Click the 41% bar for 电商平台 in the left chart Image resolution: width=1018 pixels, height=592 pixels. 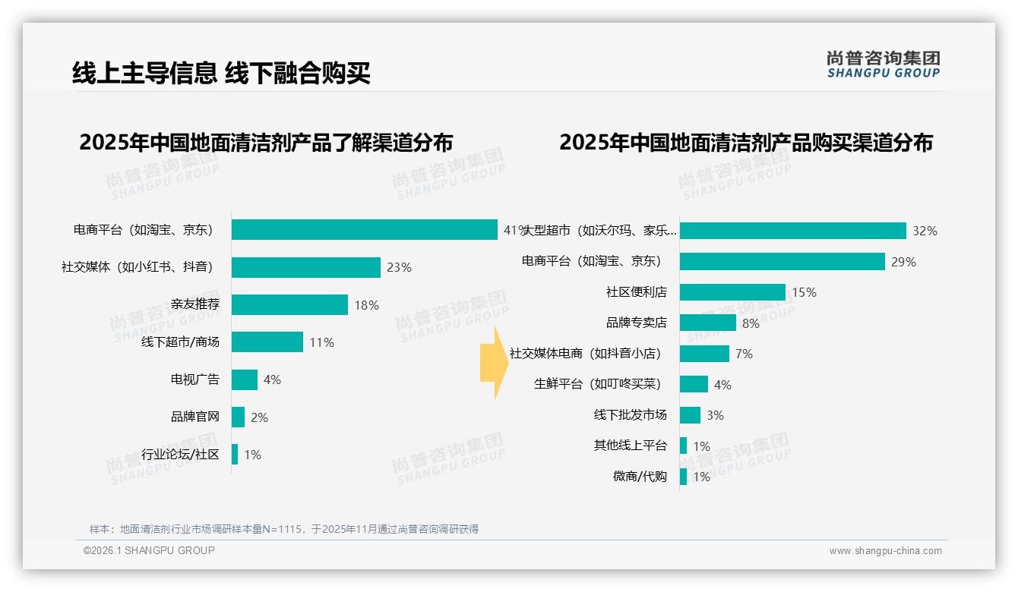[365, 230]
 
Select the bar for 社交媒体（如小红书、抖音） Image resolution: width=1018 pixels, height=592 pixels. [306, 267]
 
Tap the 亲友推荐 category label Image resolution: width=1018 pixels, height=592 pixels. [195, 304]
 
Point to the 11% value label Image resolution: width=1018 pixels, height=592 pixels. [321, 342]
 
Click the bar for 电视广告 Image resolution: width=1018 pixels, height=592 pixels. [245, 379]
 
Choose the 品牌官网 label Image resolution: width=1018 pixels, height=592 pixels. [195, 417]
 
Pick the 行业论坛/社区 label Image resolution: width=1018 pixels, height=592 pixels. [181, 455]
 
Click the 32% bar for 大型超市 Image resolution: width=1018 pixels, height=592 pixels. [793, 231]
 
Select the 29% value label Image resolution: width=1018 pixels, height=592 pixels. [904, 262]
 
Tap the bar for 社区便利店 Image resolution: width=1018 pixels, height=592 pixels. [732, 292]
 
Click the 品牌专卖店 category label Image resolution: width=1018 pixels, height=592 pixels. [637, 323]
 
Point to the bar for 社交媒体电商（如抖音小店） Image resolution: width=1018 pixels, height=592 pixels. [704, 354]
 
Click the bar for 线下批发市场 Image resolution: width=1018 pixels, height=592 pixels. [690, 415]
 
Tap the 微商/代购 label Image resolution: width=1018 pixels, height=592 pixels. [640, 477]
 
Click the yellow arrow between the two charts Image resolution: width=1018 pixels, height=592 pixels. [492, 363]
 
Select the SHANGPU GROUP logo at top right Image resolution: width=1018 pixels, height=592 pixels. [883, 65]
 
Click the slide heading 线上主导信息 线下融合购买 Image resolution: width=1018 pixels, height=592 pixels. [221, 73]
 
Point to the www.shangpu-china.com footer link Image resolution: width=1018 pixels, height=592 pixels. [885, 551]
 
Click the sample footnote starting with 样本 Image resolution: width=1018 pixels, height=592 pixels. [284, 529]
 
